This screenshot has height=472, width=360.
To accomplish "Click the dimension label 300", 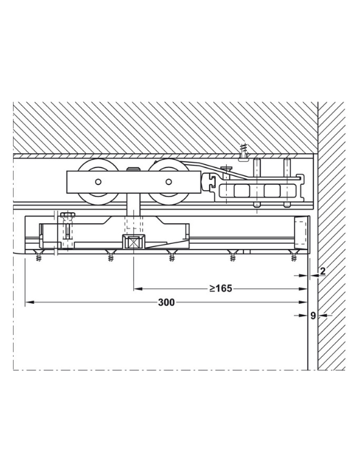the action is (x=166, y=302).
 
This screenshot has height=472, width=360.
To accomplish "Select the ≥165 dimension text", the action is (x=221, y=288).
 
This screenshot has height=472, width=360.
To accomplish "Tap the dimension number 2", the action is (x=323, y=271).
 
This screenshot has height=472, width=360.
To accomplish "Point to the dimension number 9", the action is (x=313, y=316).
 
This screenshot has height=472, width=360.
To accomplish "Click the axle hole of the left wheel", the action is (x=98, y=182).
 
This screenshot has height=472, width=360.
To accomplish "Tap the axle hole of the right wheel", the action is (x=169, y=182).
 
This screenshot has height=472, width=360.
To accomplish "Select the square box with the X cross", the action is (x=133, y=242).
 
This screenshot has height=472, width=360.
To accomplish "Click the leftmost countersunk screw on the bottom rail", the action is (x=39, y=255).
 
